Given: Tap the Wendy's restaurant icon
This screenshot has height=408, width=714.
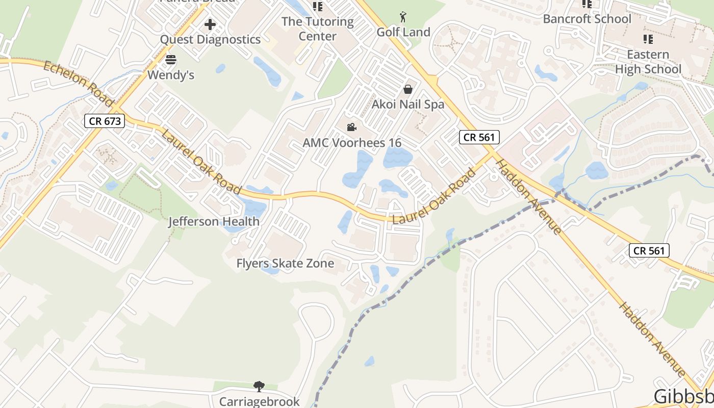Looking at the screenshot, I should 171,60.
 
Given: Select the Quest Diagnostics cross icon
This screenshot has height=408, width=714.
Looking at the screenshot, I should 210,24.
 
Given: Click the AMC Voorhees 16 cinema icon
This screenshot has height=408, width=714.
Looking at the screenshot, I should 351,127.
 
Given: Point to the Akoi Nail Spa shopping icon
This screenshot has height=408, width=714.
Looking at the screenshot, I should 408,89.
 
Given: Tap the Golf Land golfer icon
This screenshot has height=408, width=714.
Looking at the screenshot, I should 403,17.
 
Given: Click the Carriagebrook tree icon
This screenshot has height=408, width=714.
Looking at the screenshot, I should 259,386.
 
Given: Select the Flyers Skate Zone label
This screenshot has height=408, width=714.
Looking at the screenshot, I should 285,264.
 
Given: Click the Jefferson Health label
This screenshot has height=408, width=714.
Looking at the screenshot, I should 214,222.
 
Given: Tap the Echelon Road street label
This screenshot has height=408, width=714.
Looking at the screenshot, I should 78,84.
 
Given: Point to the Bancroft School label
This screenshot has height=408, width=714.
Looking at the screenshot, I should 587,19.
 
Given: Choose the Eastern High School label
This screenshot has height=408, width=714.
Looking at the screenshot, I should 648,62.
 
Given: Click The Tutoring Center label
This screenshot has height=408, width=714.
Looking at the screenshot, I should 317,29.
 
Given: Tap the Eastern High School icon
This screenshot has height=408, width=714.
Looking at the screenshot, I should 648,39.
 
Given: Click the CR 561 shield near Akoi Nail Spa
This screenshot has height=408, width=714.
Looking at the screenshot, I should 479,137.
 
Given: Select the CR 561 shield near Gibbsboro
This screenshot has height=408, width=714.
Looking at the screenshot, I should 649,250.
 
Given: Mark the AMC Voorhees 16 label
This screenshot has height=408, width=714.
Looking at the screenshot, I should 352,143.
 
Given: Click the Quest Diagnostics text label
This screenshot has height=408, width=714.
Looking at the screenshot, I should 210,39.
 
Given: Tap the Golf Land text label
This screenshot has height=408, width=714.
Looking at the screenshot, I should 403,32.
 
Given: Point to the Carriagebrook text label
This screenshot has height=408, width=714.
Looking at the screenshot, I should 259,401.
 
